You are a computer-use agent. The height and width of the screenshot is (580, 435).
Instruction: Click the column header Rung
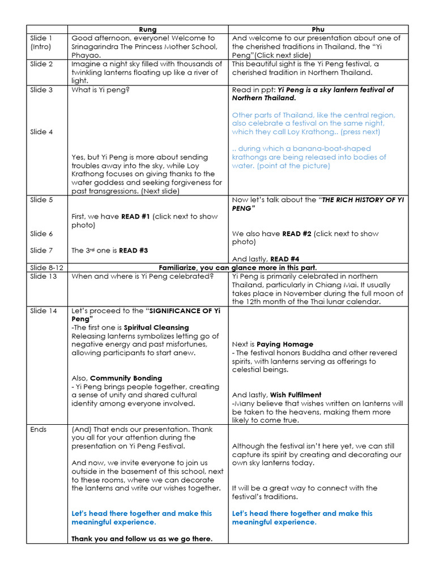148,29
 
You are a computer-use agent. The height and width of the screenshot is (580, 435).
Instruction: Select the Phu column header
318,29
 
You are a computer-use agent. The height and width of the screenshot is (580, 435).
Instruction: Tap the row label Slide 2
41,64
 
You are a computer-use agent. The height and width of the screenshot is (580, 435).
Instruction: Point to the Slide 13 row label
44,276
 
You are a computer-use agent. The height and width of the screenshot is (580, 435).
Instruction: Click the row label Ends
39,429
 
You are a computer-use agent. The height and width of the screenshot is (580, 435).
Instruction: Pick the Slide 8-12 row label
46,267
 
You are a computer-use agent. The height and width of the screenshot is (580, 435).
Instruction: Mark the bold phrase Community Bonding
126,378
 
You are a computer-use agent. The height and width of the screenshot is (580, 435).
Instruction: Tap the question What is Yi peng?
100,89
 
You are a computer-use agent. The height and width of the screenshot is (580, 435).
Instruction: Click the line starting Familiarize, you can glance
238,267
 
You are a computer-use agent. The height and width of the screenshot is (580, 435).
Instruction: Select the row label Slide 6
41,233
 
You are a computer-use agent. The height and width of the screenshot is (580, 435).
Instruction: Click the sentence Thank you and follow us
142,539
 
